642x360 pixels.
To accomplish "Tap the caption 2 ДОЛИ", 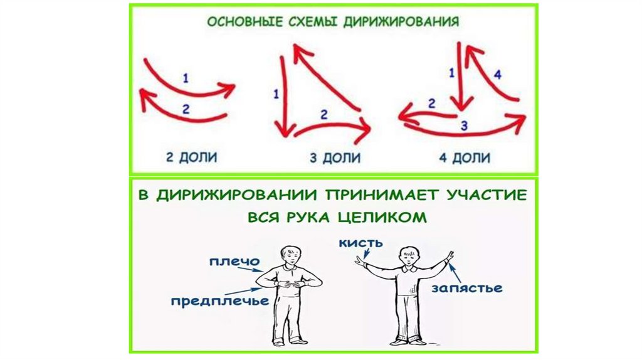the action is pos(191,157).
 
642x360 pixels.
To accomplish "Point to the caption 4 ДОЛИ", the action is pos(464,157).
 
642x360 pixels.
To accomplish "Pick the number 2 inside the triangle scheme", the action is pos(324,115).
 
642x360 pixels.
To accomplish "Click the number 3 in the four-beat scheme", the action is pos(464,125).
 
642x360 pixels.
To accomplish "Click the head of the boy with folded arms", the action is pos(289,255).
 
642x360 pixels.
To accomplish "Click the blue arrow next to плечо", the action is pos(256,268).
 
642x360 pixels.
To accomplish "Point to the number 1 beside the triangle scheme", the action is pos(276,95).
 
